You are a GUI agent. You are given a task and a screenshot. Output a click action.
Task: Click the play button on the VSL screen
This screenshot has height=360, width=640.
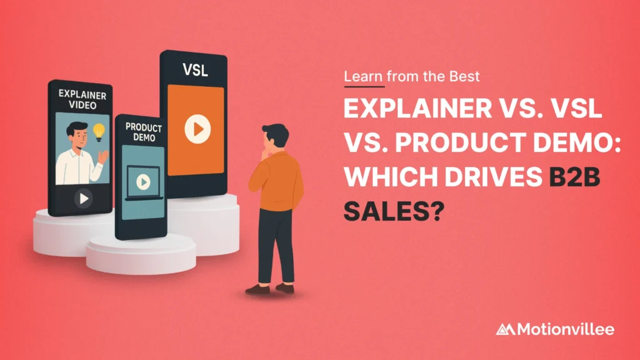coord(197,129)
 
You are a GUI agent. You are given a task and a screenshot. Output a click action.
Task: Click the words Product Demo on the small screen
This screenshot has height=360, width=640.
coord(143,132)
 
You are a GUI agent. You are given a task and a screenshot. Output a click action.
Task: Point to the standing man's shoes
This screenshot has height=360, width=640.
coord(269,289)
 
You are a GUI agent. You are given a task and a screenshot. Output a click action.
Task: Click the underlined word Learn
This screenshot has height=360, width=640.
coord(362,77)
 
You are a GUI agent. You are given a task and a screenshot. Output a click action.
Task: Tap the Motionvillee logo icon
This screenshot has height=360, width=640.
coord(506,329)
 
